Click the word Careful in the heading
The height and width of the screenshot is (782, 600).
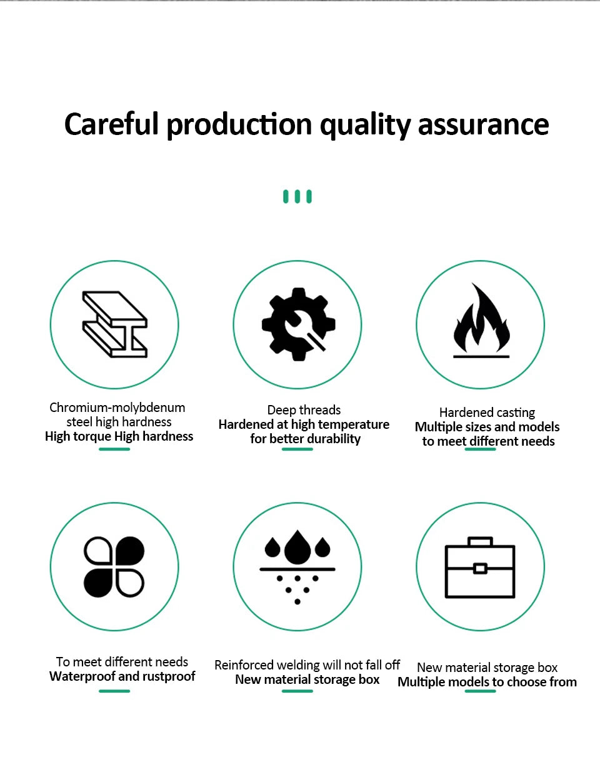click(111, 124)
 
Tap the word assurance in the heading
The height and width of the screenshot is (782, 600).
click(483, 125)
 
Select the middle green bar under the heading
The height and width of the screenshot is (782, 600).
click(297, 196)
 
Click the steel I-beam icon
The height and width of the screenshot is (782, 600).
click(115, 324)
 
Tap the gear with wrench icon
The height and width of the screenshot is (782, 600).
click(299, 324)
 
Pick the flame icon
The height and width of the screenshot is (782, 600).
click(481, 320)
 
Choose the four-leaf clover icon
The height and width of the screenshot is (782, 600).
click(114, 567)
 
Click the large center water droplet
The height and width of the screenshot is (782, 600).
click(297, 548)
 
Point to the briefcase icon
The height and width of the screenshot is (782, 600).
click(480, 568)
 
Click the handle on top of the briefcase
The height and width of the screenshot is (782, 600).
click(480, 541)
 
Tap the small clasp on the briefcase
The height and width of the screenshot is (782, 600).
click(480, 569)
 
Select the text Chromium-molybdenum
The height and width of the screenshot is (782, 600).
click(117, 408)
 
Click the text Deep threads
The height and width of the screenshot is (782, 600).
click(304, 410)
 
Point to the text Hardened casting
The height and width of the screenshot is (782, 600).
click(487, 413)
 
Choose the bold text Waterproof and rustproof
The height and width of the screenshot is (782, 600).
click(122, 676)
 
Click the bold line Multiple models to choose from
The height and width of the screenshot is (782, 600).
click(487, 682)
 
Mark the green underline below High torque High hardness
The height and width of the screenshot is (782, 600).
click(114, 449)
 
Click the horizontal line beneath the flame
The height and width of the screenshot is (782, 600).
click(481, 357)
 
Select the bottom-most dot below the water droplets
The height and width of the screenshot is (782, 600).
click(297, 602)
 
